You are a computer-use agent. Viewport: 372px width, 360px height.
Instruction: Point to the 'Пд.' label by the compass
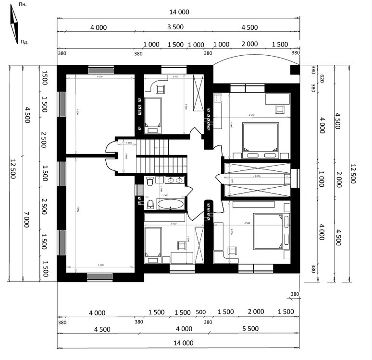[24, 42]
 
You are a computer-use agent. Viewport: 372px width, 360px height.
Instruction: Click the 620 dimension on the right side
[313, 79]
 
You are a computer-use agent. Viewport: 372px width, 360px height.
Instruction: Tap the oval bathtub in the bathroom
[171, 205]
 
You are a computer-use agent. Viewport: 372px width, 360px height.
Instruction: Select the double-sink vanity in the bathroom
[174, 180]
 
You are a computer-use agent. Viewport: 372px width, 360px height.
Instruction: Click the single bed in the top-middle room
[154, 114]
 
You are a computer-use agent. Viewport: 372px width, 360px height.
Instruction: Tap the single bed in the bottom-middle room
[152, 245]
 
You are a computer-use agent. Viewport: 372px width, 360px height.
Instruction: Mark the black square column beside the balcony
[295, 71]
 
